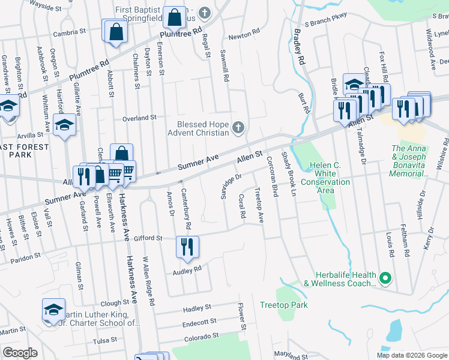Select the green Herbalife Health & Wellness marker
tap(385, 278)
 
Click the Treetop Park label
tap(283, 305)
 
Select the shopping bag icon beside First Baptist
tap(175, 19)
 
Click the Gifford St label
tap(151, 238)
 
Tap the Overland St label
tap(139, 118)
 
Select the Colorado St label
tap(200, 337)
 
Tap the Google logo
tap(20, 353)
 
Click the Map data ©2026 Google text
tap(411, 355)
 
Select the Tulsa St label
tap(105, 340)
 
